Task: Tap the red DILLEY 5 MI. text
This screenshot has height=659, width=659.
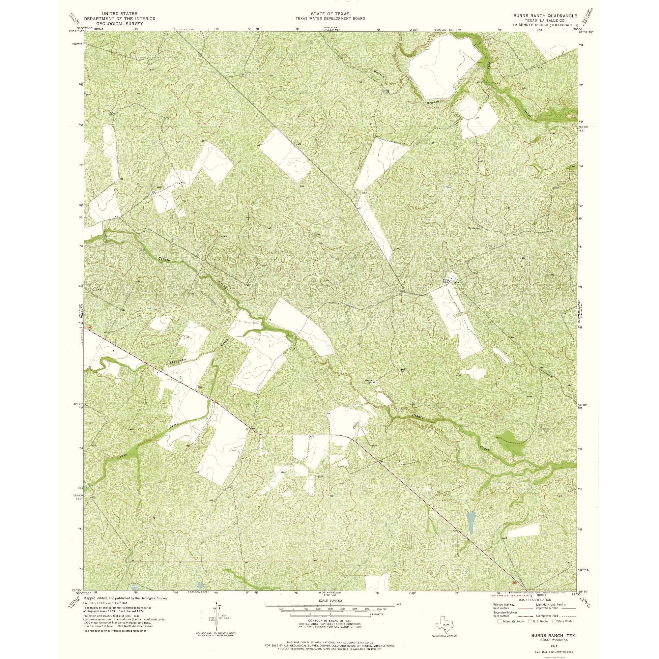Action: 186,30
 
